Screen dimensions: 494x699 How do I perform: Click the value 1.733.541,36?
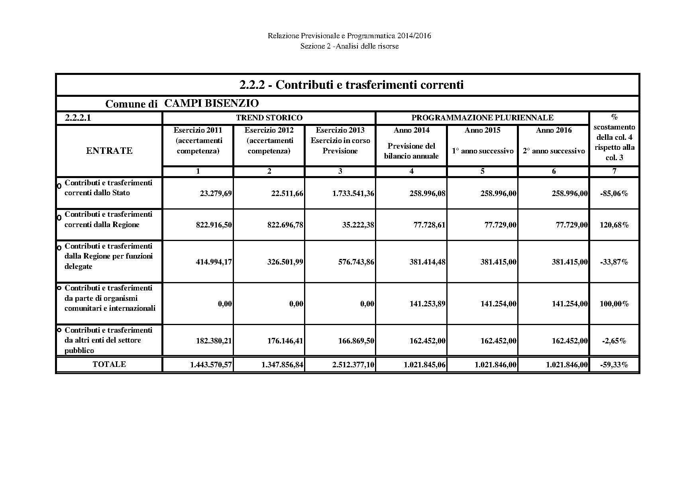point(353,194)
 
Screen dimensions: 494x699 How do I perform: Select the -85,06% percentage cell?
point(614,194)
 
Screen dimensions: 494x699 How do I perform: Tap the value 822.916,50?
point(214,225)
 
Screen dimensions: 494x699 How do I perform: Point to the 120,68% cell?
point(614,225)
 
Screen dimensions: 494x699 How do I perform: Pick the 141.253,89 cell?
point(427,304)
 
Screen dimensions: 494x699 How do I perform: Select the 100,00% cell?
point(614,304)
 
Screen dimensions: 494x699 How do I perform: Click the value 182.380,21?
point(214,341)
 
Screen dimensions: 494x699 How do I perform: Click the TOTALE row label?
point(109,364)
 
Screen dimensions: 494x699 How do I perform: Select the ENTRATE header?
point(109,151)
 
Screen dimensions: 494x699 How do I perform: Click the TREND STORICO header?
point(269,118)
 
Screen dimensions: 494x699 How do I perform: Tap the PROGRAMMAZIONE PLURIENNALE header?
point(482,118)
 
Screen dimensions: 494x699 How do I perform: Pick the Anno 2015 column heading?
point(482,130)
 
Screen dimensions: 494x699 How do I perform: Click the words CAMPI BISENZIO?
point(211,104)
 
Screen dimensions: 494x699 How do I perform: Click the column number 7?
point(614,171)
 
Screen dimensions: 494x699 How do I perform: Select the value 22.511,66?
point(285,194)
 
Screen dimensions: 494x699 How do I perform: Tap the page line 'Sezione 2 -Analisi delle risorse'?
point(349,46)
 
